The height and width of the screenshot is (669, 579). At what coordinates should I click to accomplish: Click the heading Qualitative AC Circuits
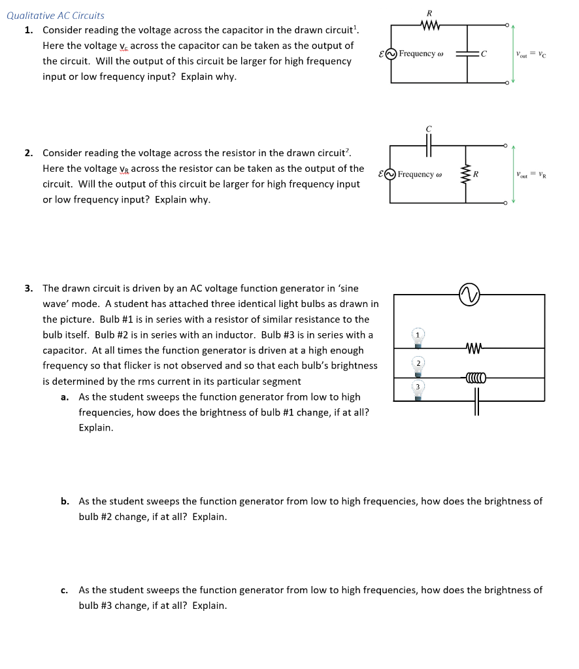[56, 16]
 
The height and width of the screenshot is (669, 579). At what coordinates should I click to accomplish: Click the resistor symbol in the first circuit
[429, 26]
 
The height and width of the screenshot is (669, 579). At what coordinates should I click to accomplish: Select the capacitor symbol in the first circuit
[468, 54]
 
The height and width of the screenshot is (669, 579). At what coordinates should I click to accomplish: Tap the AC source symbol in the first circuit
[391, 54]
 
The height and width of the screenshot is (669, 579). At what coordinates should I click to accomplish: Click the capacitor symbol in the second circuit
[429, 148]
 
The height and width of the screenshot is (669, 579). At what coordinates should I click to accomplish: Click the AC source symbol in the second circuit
[391, 174]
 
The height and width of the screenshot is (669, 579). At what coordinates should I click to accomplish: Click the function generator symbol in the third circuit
[470, 295]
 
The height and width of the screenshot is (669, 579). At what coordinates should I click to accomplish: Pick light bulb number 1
[417, 340]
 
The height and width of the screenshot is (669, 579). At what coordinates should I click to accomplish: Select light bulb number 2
[417, 367]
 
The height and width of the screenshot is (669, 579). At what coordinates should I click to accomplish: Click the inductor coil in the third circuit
[476, 377]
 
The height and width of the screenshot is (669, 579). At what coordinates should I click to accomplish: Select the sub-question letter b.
[65, 501]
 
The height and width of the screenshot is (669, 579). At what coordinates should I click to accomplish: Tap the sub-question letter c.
[64, 590]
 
